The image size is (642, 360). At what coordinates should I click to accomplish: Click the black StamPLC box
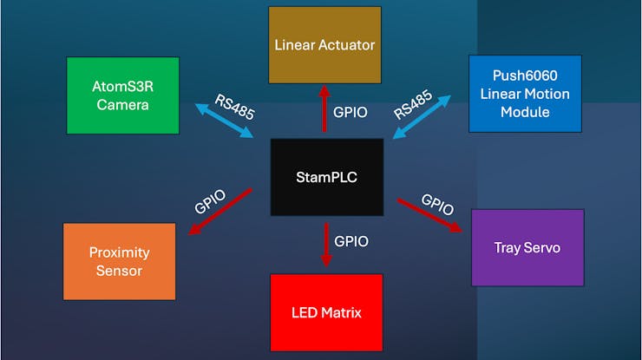[x=326, y=177]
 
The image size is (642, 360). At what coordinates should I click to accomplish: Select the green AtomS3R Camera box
[x=122, y=95]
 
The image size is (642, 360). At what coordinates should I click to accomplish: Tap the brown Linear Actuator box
[x=324, y=45]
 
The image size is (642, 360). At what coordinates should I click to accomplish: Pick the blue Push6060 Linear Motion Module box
[x=525, y=94]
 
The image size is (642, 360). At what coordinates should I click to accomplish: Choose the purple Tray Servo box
[x=527, y=247]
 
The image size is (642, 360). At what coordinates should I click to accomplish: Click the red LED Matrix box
[x=326, y=312]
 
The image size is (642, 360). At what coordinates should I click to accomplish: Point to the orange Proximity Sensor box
[x=120, y=261]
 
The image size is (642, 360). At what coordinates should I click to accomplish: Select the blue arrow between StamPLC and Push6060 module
[x=423, y=118]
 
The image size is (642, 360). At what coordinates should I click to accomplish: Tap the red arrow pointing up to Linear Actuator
[x=325, y=108]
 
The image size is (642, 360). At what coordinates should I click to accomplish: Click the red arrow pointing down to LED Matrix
[x=326, y=245]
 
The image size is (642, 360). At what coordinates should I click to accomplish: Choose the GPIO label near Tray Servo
[x=438, y=204]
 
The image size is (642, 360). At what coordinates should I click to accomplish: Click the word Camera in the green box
[x=122, y=105]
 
